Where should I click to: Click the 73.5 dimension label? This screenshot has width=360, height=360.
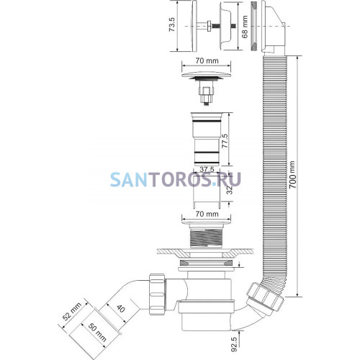click(x=173, y=24)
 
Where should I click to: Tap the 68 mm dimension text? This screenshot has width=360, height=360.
click(x=245, y=27)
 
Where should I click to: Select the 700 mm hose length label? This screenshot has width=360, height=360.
click(x=292, y=175)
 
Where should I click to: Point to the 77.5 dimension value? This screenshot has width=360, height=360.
click(x=225, y=141)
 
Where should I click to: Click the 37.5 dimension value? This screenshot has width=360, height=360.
click(x=207, y=169)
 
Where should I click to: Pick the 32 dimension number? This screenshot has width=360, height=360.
click(x=230, y=190)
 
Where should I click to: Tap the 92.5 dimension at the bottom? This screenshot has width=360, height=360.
click(x=234, y=345)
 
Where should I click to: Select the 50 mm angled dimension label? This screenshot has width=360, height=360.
click(x=97, y=333)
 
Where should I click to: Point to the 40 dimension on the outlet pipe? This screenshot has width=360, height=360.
click(x=121, y=308)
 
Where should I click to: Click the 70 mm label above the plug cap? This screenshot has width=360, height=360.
click(x=207, y=60)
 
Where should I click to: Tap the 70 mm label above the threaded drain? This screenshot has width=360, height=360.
click(x=207, y=214)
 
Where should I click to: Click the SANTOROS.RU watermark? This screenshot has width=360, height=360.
click(x=176, y=179)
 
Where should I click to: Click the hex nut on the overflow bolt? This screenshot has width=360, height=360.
click(x=209, y=26)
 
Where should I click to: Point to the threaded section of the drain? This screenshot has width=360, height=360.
click(x=207, y=238)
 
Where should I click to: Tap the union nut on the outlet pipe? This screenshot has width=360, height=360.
click(x=157, y=294)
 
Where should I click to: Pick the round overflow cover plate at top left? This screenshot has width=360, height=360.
click(x=194, y=26)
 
